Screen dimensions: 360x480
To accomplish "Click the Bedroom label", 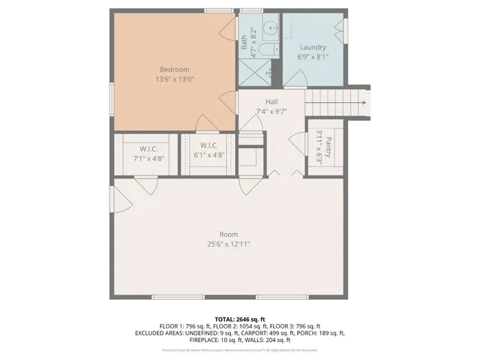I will [173, 69].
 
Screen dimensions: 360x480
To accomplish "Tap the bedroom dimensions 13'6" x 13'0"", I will [173, 79].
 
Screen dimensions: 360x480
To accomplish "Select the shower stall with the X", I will [256, 73].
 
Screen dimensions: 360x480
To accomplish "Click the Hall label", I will [271, 102].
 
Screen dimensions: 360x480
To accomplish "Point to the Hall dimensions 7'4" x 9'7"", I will [271, 112].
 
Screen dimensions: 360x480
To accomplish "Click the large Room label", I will [229, 233].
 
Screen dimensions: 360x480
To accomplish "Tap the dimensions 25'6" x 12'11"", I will [229, 244].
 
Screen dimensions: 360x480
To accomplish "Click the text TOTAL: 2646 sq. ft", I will [240, 319].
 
